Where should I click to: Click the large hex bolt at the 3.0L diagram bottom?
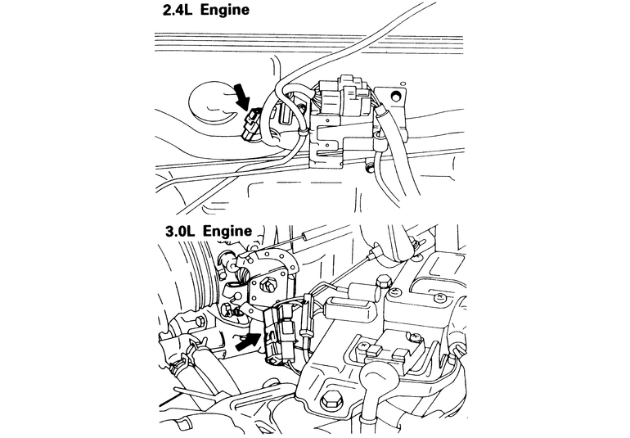coord(330,402)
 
